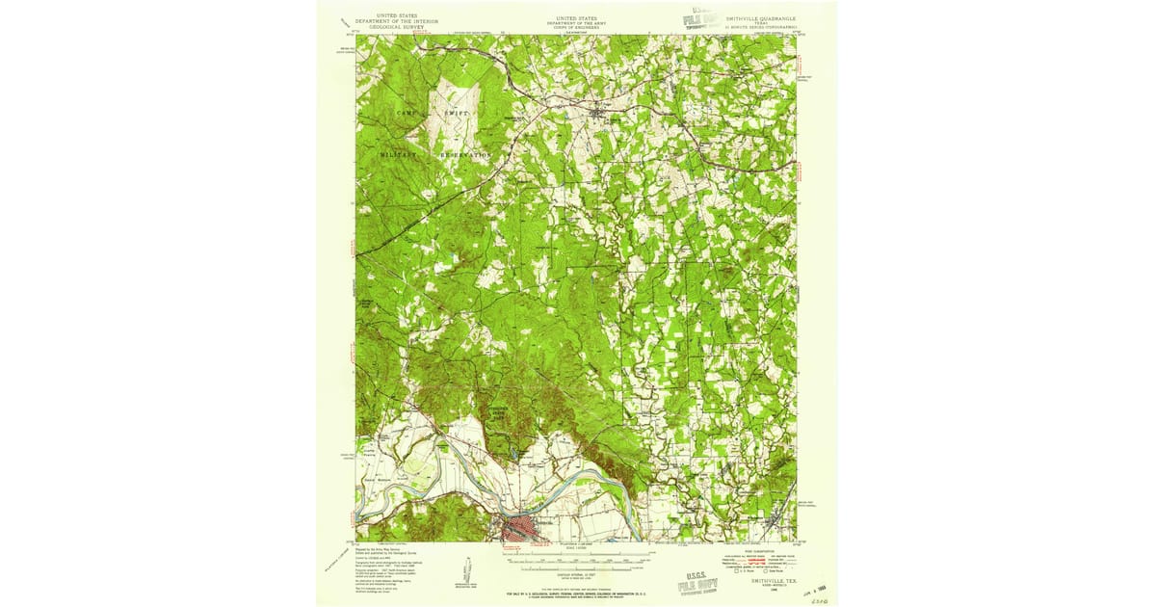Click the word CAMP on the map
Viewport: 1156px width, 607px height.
[409, 113]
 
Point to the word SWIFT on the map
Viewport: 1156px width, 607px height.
[458, 113]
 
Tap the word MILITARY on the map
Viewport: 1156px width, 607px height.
[398, 154]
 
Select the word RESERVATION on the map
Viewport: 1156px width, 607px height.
[467, 154]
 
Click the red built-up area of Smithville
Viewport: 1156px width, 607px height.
[520, 528]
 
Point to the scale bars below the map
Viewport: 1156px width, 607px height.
[575, 557]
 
